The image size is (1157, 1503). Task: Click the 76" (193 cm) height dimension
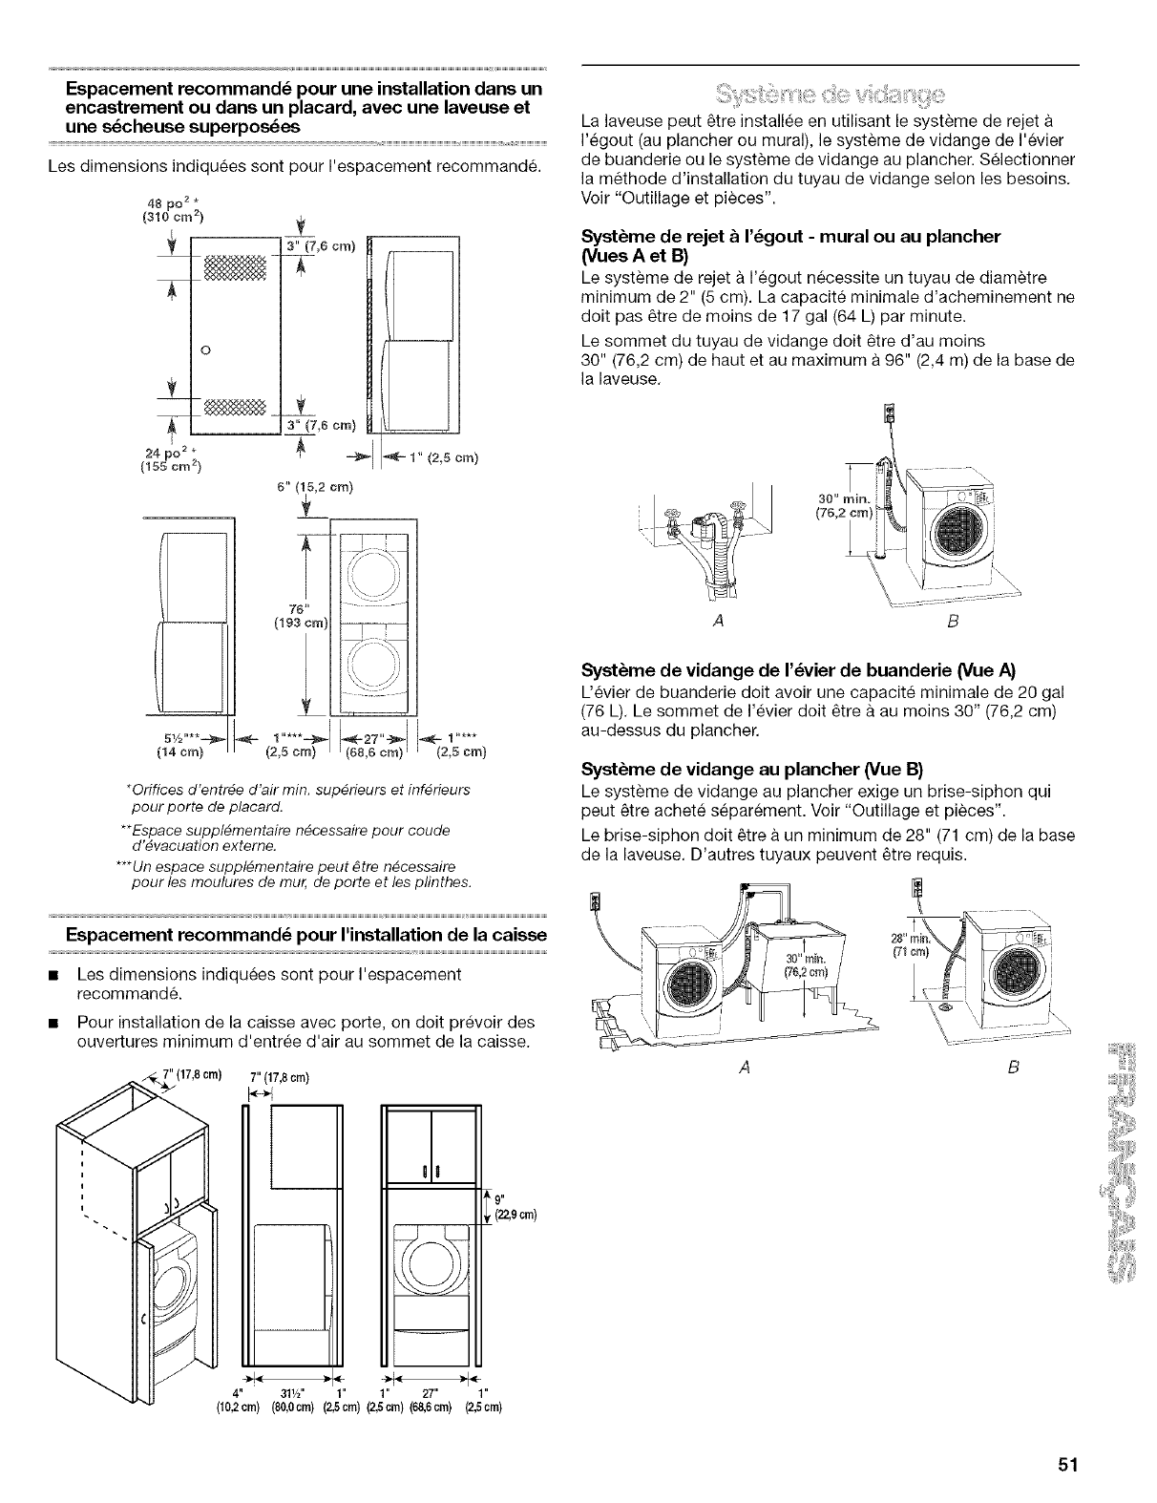[303, 616]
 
